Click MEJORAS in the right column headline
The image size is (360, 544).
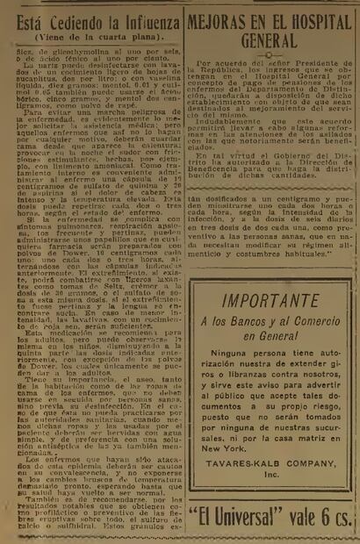[x=222, y=20]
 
